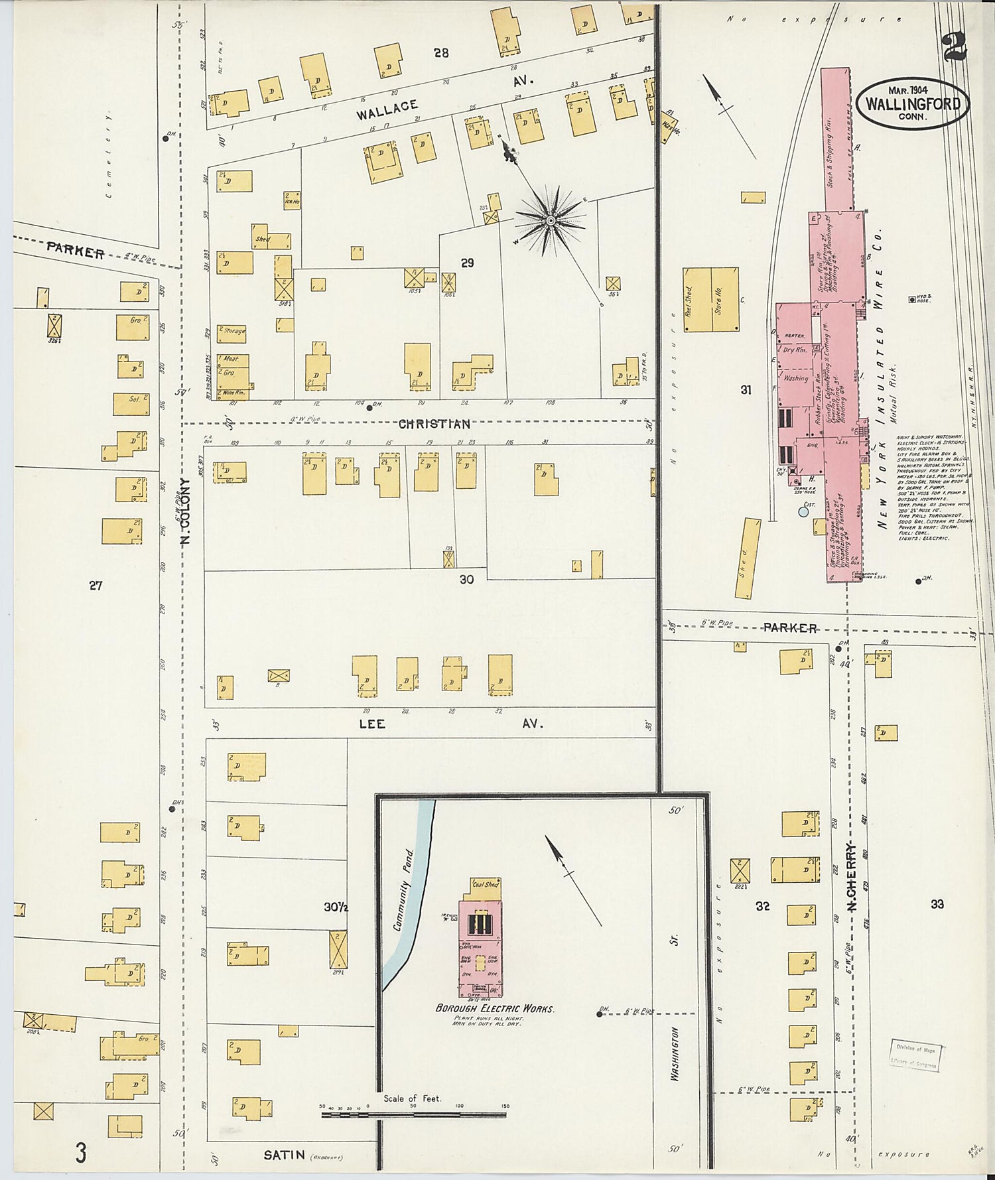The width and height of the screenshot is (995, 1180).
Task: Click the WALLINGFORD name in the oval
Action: pos(912,104)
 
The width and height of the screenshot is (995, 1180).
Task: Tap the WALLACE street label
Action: pos(387,109)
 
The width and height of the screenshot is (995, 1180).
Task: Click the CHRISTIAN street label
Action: pos(434,424)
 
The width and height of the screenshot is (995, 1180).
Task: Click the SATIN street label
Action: pos(284,1155)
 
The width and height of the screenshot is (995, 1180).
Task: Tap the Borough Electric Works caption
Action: pos(494,1008)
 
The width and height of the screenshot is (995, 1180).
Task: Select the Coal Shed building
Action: pos(485,885)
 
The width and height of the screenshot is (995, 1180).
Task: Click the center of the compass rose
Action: pos(551,220)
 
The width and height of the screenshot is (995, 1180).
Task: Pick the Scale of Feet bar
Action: pos(413,1115)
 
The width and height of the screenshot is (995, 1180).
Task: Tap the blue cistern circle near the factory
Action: pos(803,511)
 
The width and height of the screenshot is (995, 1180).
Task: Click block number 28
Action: pos(441,52)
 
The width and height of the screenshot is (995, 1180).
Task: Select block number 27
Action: pos(96,585)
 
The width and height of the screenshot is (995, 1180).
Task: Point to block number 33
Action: pos(937,903)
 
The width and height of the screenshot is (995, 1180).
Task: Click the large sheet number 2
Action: pos(956,45)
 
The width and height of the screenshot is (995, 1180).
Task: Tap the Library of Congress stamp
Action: pos(915,1056)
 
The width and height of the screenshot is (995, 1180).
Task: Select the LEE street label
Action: pos(371,724)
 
